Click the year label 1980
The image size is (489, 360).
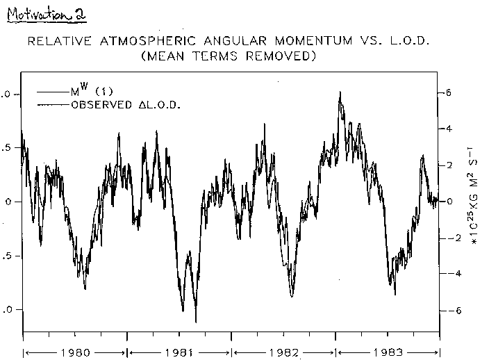tap(75, 352)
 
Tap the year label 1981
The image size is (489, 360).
tap(179, 352)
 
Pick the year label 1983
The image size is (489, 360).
tap(388, 352)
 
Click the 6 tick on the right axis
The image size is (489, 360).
tap(449, 92)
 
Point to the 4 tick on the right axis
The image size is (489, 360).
tap(449, 129)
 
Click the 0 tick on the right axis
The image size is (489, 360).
tap(449, 202)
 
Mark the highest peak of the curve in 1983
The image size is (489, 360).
tap(340, 92)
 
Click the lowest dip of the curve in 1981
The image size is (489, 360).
tap(195, 322)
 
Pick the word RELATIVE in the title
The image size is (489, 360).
tap(57, 42)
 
